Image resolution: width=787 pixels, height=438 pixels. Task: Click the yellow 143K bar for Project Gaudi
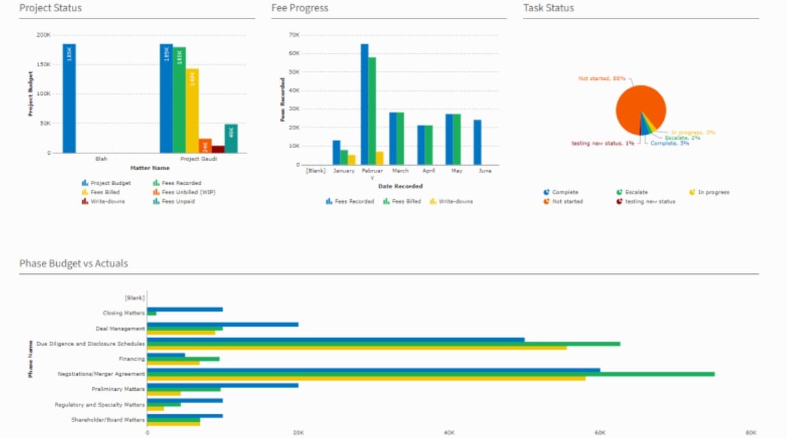pyautogui.click(x=192, y=110)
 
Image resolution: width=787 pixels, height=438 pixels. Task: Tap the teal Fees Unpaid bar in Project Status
pyautogui.click(x=231, y=138)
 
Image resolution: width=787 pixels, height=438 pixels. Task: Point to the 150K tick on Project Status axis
pyautogui.click(x=42, y=64)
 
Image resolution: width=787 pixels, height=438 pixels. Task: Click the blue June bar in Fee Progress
pyautogui.click(x=477, y=142)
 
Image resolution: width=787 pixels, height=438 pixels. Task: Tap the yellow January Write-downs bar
pyautogui.click(x=352, y=159)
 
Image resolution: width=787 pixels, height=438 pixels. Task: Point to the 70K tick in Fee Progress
pyautogui.click(x=294, y=34)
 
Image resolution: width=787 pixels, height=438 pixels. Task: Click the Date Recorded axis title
pyautogui.click(x=400, y=185)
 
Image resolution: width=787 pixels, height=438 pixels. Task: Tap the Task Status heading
pyautogui.click(x=549, y=8)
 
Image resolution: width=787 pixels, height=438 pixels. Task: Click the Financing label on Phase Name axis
pyautogui.click(x=131, y=359)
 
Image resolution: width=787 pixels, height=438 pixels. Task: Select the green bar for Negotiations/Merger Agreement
pyautogui.click(x=430, y=374)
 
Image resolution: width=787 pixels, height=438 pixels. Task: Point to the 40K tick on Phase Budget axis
pyautogui.click(x=449, y=433)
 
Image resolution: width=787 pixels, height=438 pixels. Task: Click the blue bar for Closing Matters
pyautogui.click(x=185, y=309)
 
